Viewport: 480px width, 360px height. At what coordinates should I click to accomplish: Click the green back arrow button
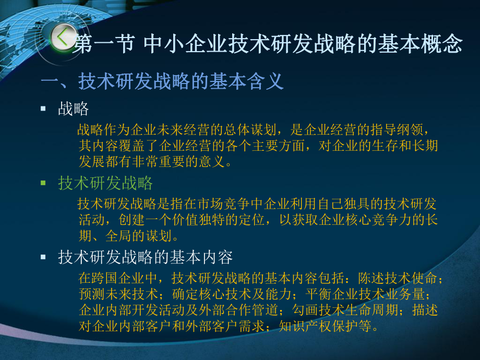(x=62, y=38)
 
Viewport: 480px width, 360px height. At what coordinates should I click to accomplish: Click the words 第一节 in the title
(x=102, y=44)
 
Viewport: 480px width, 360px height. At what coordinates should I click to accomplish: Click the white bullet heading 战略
(x=74, y=109)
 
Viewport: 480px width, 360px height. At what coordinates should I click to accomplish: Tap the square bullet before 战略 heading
(x=43, y=109)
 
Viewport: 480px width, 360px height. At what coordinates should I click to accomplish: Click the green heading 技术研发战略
(x=105, y=183)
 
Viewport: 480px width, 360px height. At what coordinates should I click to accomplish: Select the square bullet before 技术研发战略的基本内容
(x=43, y=257)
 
